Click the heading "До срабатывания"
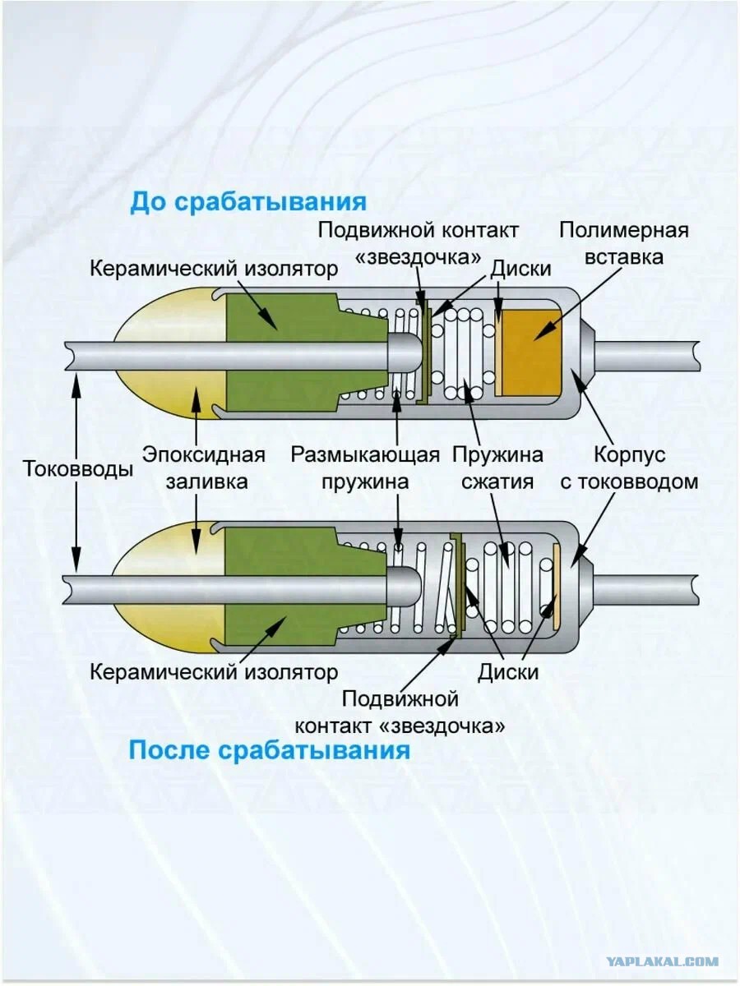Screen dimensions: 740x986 click(x=248, y=202)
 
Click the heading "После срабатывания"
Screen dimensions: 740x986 click(x=269, y=749)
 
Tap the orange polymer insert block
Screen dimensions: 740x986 click(x=531, y=353)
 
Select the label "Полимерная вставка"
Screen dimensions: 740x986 click(x=623, y=244)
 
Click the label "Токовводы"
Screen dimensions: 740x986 click(x=78, y=469)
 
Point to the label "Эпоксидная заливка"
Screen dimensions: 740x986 click(x=205, y=468)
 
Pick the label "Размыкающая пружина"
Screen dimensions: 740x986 click(x=365, y=468)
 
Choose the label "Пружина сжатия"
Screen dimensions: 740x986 click(x=497, y=468)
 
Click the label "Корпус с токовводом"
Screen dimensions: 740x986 click(x=629, y=468)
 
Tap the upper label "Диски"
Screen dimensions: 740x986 click(x=520, y=269)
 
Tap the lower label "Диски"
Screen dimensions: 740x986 click(x=507, y=671)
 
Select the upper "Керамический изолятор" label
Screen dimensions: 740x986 click(x=214, y=269)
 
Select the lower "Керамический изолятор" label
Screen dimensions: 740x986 click(x=214, y=672)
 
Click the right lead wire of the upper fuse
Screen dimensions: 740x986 click(x=647, y=356)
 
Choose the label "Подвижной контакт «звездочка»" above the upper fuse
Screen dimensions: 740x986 click(x=419, y=244)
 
